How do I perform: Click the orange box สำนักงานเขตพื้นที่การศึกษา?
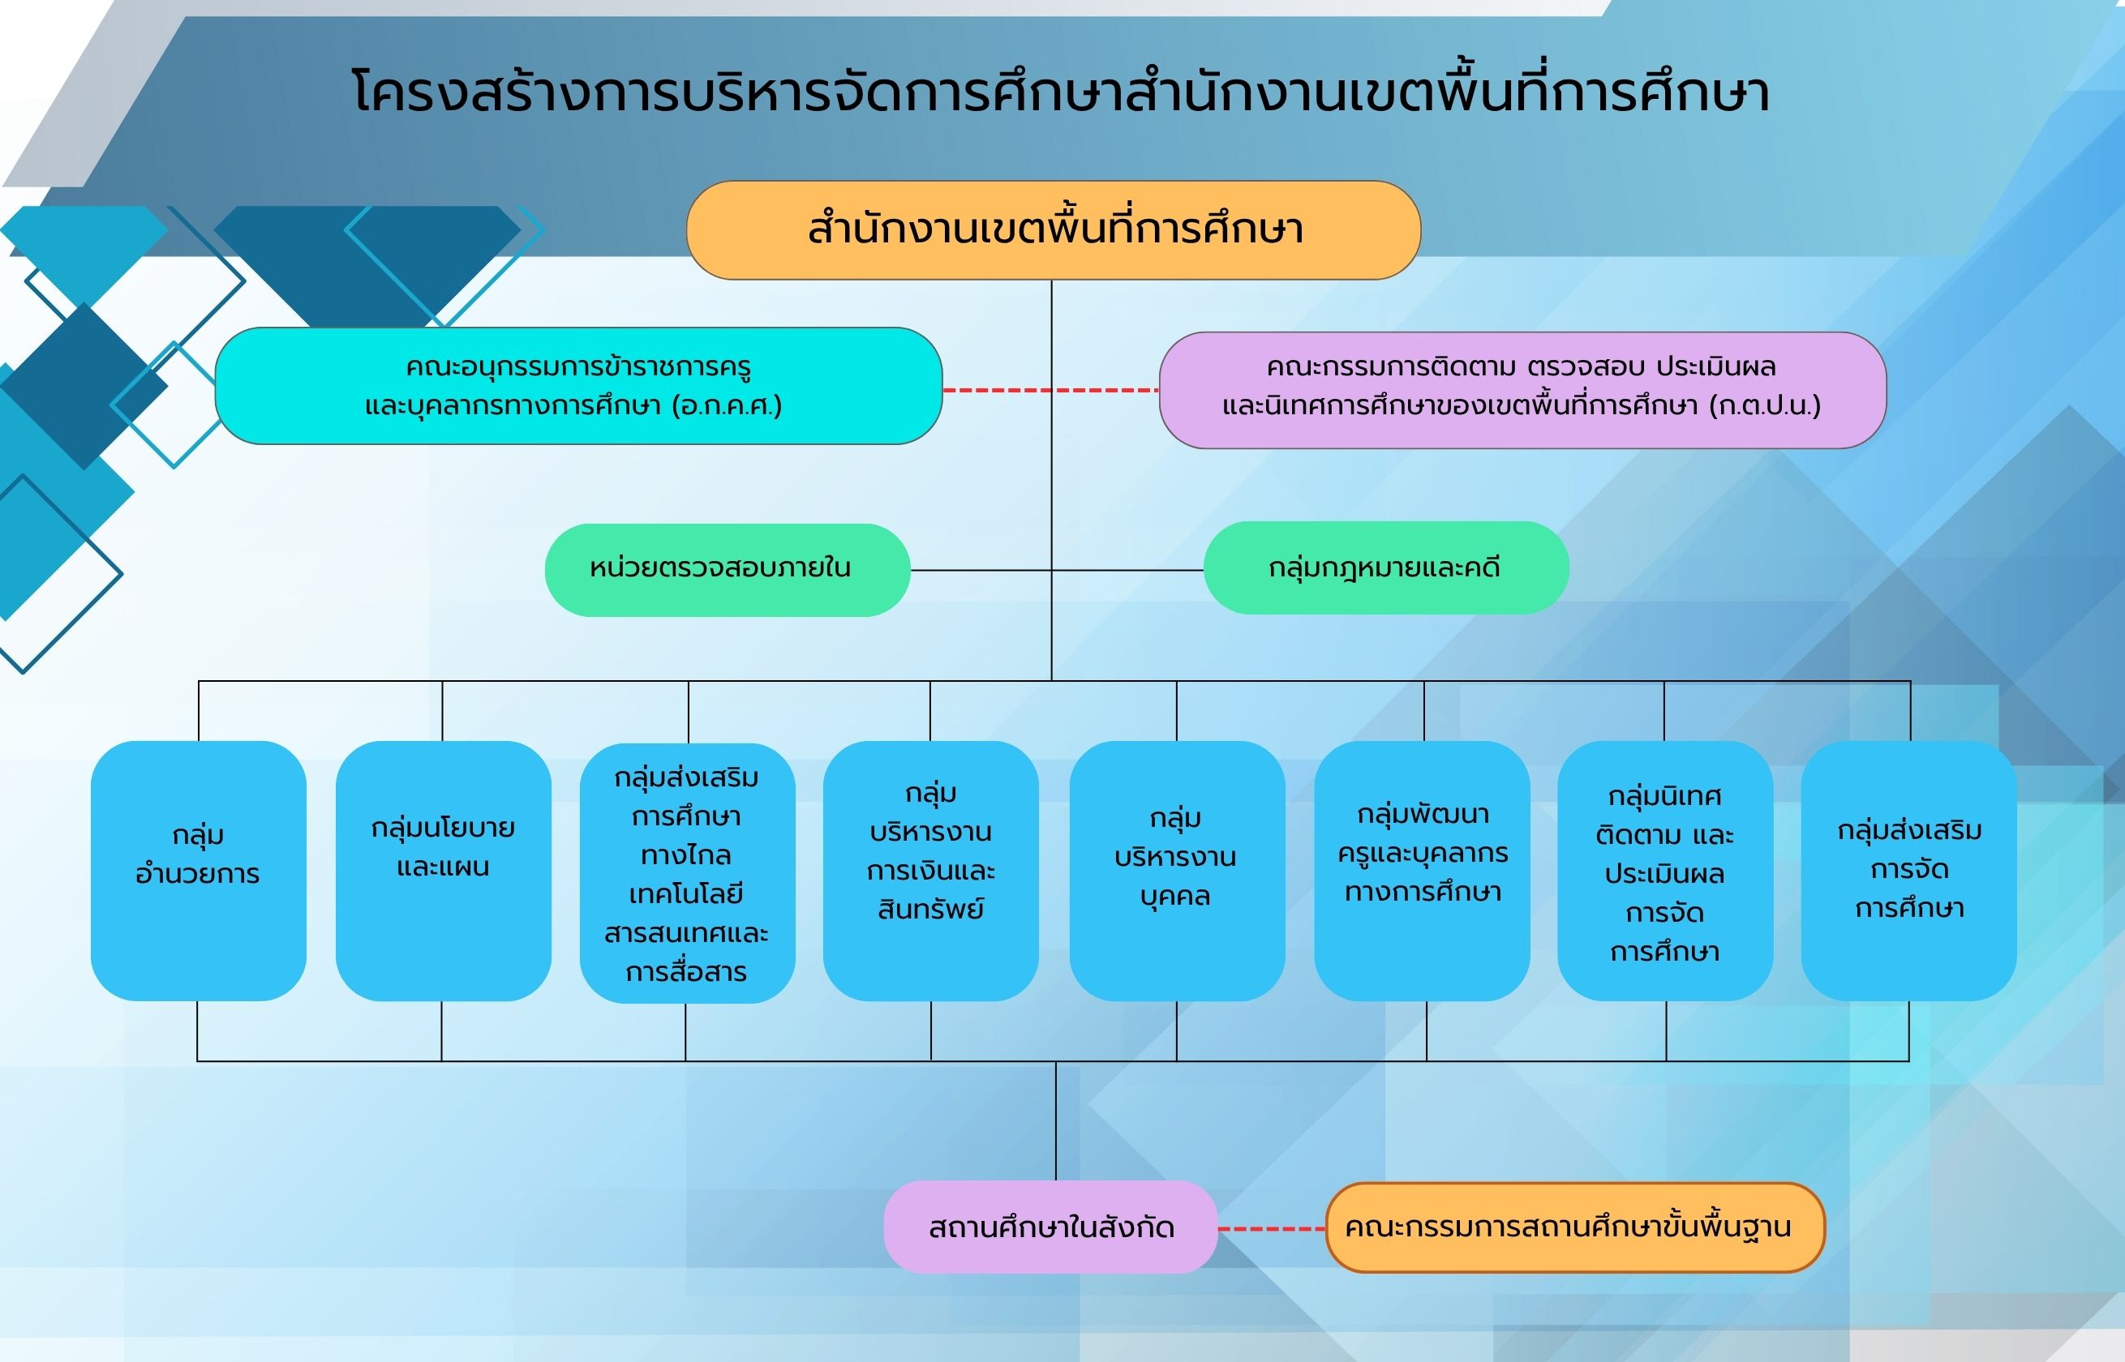[x=1054, y=230]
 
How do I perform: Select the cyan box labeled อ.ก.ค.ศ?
[x=578, y=386]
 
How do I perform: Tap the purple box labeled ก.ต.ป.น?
[x=1522, y=390]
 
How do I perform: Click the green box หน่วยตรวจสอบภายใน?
[x=728, y=570]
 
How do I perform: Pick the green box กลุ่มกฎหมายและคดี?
[x=1386, y=567]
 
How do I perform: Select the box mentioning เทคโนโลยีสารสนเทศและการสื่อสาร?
[x=688, y=873]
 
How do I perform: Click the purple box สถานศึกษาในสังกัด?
[x=1051, y=1227]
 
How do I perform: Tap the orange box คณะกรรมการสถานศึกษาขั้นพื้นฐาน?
[x=1576, y=1227]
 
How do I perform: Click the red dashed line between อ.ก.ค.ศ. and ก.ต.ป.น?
[x=1051, y=390]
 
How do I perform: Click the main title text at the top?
[x=1061, y=91]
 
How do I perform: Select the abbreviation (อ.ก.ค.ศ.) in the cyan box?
[x=728, y=406]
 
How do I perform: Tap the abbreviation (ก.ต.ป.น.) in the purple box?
[x=1765, y=406]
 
